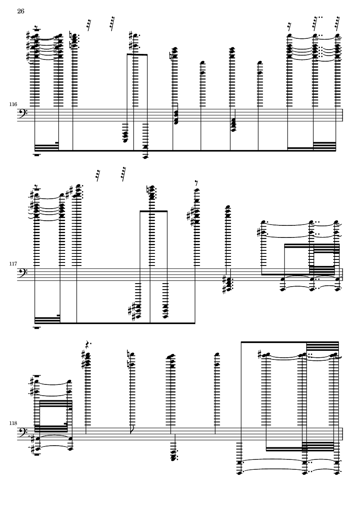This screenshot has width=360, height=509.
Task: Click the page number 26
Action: point(21,11)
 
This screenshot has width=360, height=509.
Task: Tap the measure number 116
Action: point(13,104)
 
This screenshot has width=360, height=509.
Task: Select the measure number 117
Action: point(13,264)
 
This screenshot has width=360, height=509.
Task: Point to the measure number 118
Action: point(13,423)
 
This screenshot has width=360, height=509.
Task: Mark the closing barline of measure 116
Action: point(343,115)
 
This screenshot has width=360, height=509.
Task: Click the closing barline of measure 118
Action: point(343,434)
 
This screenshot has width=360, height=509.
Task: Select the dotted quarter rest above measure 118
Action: point(88,344)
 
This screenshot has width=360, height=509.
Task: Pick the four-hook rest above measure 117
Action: point(123,174)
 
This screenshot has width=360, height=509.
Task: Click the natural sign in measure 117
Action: point(148,189)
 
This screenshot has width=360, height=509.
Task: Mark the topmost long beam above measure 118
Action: point(290,342)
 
